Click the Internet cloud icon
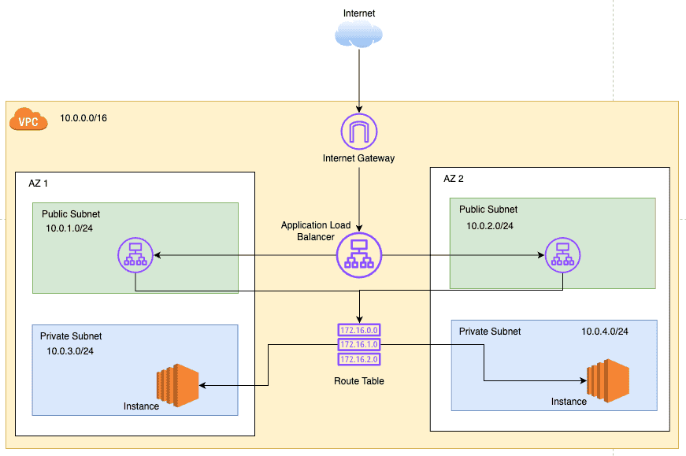[359, 35]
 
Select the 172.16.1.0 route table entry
[359, 345]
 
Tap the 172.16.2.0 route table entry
[359, 359]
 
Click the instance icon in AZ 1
[177, 385]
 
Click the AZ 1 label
[37, 184]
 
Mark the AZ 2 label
[454, 179]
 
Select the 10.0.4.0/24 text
[605, 331]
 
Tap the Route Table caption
[359, 381]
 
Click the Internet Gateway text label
[359, 158]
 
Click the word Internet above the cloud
[359, 13]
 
